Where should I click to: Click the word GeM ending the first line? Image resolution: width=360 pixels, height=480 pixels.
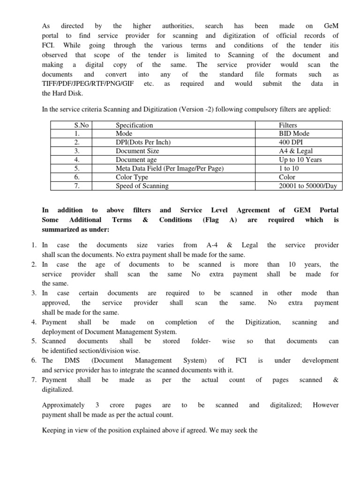coord(330,26)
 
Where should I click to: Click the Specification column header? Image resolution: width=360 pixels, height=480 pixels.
coord(134,125)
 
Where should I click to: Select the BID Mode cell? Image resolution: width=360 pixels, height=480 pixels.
coord(294,134)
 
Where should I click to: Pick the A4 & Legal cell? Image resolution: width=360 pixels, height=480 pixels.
coord(295,151)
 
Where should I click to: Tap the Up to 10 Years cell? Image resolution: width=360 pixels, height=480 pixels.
coord(300,160)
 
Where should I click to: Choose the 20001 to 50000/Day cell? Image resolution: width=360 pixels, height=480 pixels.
coord(307,186)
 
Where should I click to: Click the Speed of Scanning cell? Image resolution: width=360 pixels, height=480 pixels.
coord(142,186)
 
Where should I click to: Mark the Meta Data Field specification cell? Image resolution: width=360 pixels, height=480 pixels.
coord(170,168)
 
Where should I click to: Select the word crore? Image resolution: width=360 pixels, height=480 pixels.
coord(118,405)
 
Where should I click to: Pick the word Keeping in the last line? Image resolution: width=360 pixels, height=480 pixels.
coord(55,428)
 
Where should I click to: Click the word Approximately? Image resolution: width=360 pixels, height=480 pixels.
coord(63,405)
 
